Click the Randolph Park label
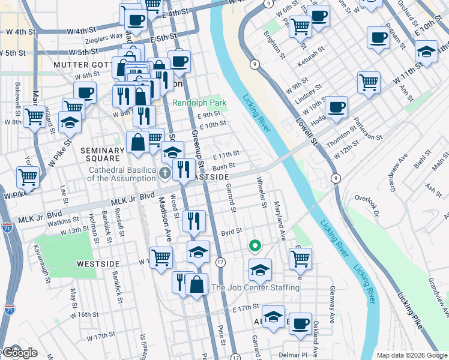tap(199, 103)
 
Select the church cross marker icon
tap(166, 174)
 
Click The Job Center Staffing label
tap(255, 288)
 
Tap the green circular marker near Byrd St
tap(255, 245)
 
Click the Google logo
tap(19, 353)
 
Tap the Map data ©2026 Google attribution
tap(411, 355)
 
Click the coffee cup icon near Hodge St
tap(337, 106)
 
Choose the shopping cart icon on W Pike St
tap(28, 177)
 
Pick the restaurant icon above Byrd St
tap(194, 220)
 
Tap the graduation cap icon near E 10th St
tap(426, 52)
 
